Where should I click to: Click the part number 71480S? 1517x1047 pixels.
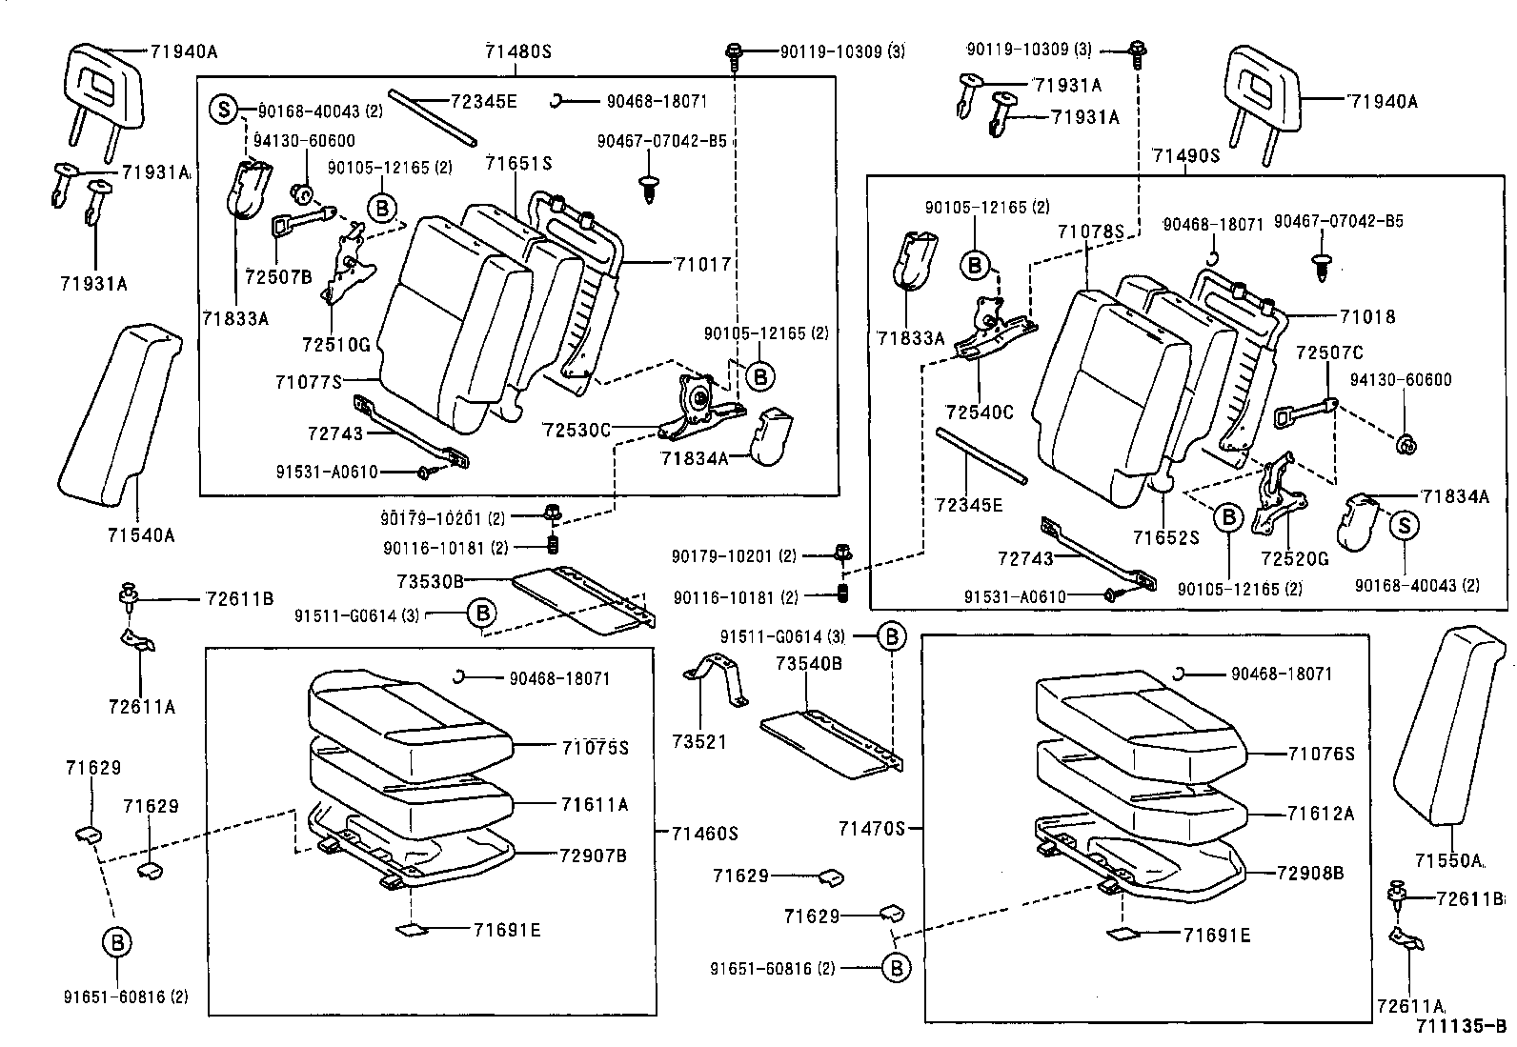click(x=518, y=51)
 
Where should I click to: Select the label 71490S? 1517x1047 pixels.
click(x=1185, y=155)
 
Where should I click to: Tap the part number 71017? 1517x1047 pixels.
click(x=702, y=263)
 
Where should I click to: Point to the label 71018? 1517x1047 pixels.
click(x=1366, y=317)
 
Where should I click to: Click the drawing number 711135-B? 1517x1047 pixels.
click(x=1461, y=1026)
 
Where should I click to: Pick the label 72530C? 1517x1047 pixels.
click(x=576, y=430)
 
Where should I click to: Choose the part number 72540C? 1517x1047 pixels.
click(x=980, y=412)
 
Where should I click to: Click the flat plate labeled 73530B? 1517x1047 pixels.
click(x=581, y=600)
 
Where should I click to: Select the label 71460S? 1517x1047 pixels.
click(x=705, y=834)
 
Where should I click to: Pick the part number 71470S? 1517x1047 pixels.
click(x=871, y=829)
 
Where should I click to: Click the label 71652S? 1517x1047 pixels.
click(x=1165, y=537)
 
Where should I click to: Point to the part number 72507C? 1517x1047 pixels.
click(x=1329, y=352)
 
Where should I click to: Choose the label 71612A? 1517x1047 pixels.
click(x=1320, y=813)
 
